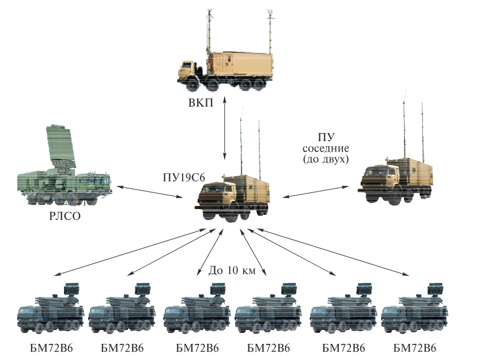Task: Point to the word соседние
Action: (325, 149)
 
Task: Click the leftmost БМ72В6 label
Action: (51, 348)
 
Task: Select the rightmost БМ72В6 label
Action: (415, 348)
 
